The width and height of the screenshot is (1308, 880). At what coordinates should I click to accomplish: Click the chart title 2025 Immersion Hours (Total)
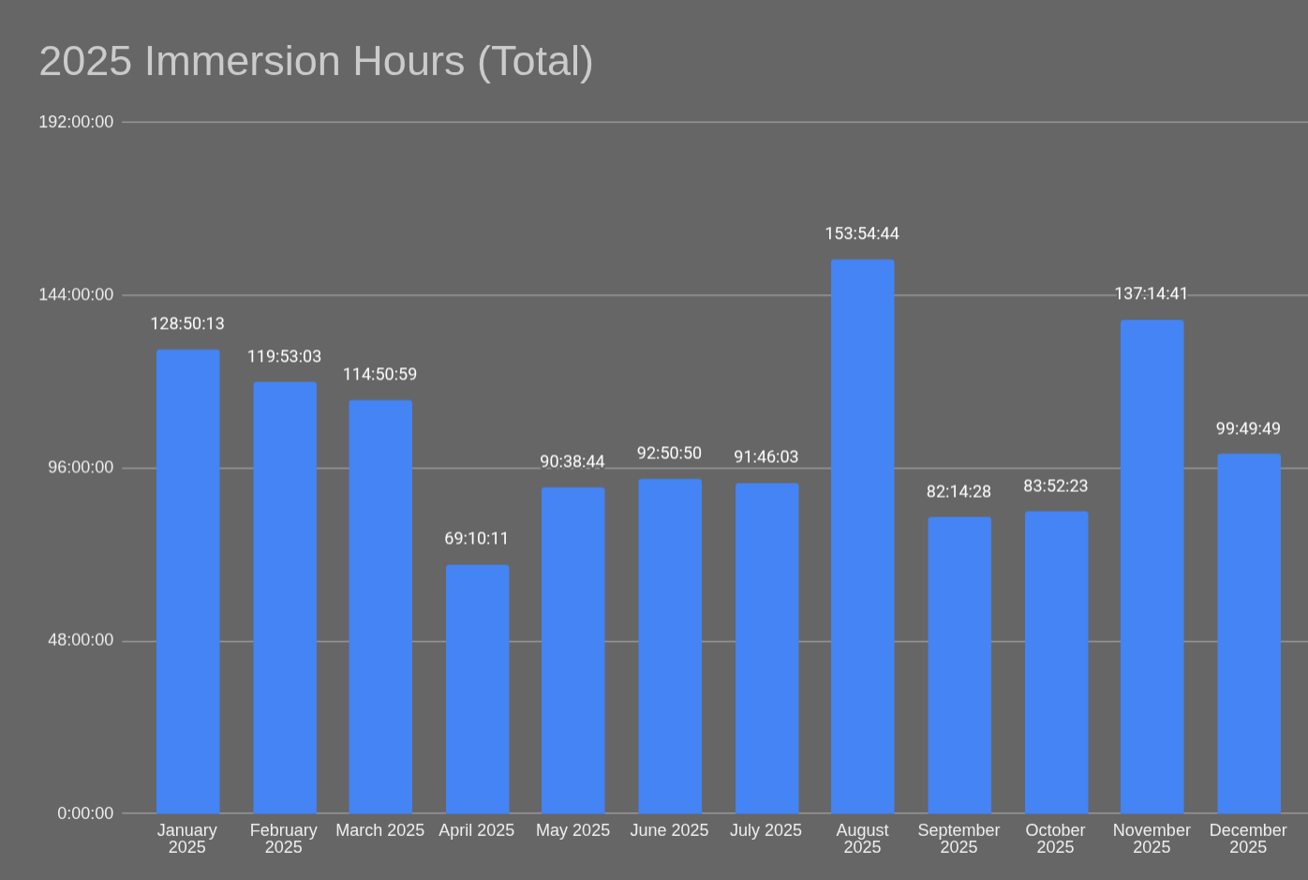point(316,62)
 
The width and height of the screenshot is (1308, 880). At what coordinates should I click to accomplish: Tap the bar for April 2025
point(477,689)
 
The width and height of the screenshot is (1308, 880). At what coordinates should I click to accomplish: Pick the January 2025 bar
point(187,581)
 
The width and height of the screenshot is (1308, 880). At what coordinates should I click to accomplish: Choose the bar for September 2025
point(959,664)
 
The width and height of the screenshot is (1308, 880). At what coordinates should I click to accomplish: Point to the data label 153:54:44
point(862,233)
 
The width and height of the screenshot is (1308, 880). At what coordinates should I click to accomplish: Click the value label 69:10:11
point(476,539)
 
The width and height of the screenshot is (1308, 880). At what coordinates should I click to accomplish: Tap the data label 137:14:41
point(1151,294)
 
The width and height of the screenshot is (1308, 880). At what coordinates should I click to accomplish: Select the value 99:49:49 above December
point(1248,429)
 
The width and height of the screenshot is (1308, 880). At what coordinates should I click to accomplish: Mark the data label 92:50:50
point(669,454)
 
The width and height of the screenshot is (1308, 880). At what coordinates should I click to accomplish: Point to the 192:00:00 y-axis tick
point(76,122)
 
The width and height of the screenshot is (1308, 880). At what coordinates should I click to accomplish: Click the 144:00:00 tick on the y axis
point(76,294)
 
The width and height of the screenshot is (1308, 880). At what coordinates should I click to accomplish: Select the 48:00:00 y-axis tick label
point(81,640)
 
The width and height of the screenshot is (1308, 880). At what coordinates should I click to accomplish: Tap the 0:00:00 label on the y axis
point(85,813)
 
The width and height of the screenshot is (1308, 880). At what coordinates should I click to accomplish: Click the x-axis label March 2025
point(379,830)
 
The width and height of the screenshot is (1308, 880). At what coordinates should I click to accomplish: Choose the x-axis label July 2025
point(765,830)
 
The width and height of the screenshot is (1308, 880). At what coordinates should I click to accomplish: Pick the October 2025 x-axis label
point(1055,839)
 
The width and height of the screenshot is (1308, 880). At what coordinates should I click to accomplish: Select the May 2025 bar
point(572,650)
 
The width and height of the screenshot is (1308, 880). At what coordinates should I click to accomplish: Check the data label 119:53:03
point(284,357)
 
